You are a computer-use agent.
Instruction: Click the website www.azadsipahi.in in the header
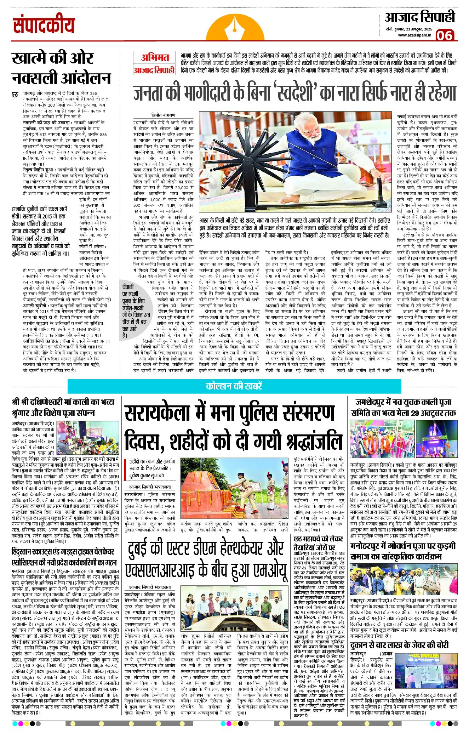(414, 35)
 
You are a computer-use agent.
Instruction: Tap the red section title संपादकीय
(44, 25)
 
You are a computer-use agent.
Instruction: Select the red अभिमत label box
(155, 57)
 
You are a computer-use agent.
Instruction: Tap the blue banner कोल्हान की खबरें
(234, 386)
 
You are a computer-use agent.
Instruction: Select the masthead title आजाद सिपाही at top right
(420, 17)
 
